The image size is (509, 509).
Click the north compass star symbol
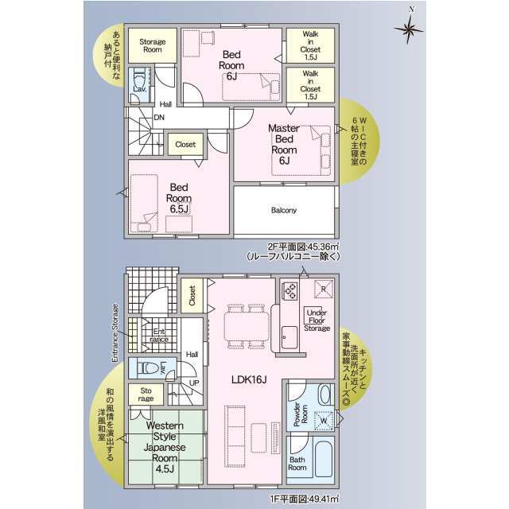click(409, 29)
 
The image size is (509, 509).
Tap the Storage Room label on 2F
click(153, 46)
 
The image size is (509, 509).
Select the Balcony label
click(284, 210)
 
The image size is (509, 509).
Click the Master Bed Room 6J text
click(284, 144)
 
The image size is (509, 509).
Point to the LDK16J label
click(249, 379)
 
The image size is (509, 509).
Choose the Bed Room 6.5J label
click(179, 198)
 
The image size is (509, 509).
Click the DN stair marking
click(159, 118)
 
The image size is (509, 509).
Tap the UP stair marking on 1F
click(194, 383)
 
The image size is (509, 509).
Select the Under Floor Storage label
click(317, 321)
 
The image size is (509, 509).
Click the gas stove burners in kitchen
click(290, 290)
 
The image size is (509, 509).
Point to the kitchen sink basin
click(289, 337)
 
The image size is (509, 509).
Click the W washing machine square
click(324, 421)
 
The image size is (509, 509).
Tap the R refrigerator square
click(324, 289)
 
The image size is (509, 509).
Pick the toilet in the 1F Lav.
click(148, 368)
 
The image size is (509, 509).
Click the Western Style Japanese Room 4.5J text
click(165, 447)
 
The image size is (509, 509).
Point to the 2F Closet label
click(185, 145)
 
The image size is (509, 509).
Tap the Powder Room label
click(301, 414)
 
